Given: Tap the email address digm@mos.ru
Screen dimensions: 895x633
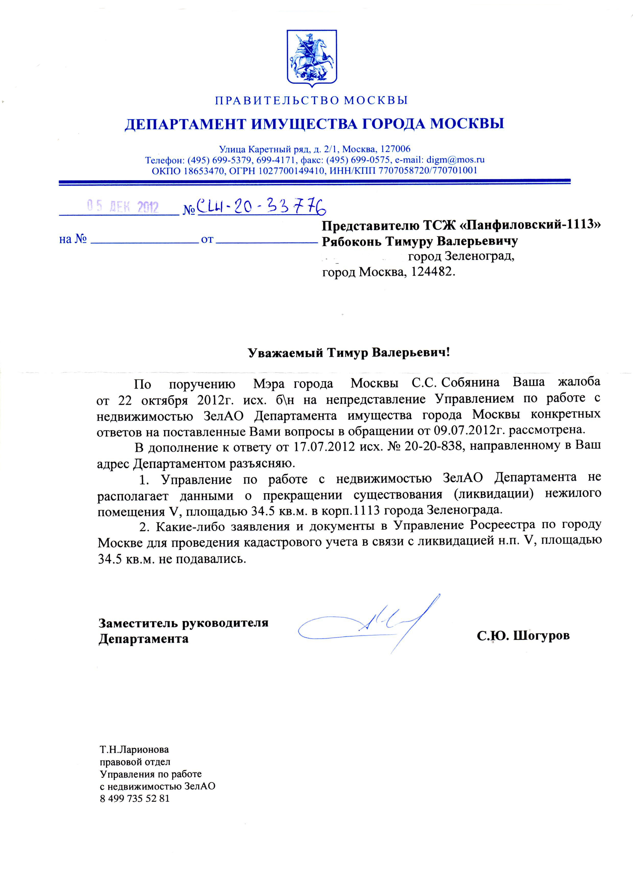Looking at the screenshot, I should click(x=455, y=160).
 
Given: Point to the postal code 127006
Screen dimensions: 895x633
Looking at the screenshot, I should click(x=395, y=149).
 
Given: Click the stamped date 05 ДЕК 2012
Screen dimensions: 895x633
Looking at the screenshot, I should click(x=123, y=207).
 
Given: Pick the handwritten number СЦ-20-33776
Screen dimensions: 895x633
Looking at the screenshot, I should click(x=261, y=207).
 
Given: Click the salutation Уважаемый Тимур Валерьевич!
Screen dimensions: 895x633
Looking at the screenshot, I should click(x=349, y=353).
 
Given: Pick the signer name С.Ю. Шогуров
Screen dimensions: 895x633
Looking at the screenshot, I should click(x=523, y=636).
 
